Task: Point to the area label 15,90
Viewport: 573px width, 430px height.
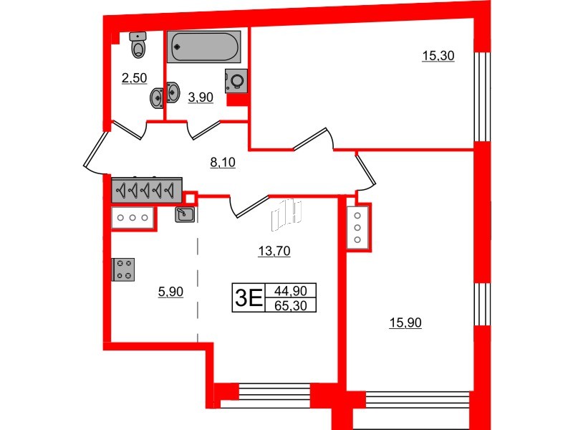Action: tap(405, 323)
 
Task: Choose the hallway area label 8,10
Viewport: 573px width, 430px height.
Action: tap(222, 163)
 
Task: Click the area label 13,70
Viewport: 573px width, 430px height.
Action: tap(273, 251)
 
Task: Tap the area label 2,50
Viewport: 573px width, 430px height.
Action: tap(135, 79)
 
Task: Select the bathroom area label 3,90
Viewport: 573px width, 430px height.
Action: tap(200, 99)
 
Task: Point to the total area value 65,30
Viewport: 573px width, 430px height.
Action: tap(290, 305)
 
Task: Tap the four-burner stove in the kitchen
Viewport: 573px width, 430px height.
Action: tap(123, 269)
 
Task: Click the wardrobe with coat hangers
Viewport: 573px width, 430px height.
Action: tap(147, 190)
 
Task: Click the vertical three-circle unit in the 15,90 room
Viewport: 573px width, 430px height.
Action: tap(357, 227)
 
